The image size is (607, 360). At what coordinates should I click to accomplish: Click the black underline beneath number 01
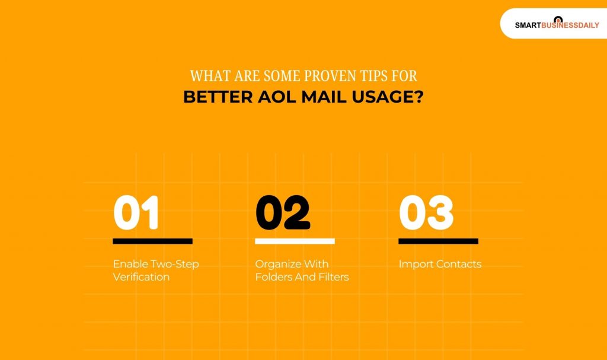pyautogui.click(x=152, y=241)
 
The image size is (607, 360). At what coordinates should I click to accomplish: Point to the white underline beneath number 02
pyautogui.click(x=295, y=241)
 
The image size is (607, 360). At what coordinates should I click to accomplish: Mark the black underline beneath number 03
pyautogui.click(x=438, y=241)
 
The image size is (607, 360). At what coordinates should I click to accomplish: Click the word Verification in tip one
pyautogui.click(x=141, y=277)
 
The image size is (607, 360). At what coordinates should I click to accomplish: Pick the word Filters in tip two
pyautogui.click(x=333, y=277)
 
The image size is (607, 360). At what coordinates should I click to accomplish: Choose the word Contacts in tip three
pyautogui.click(x=459, y=264)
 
